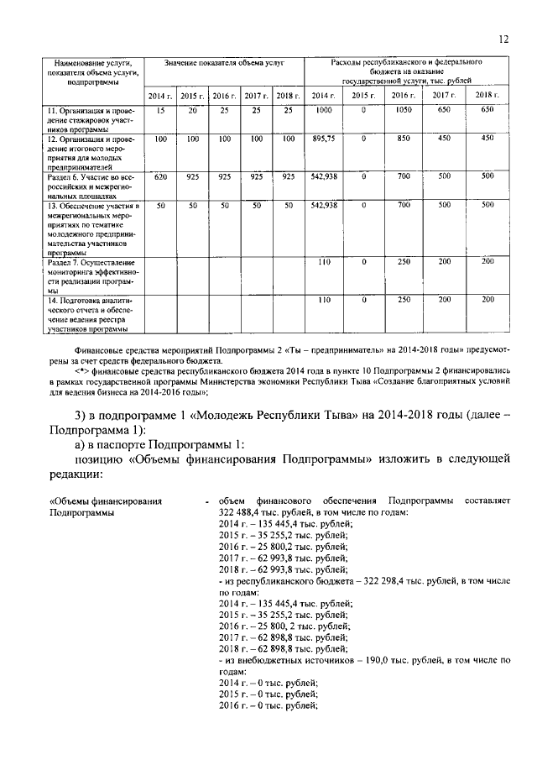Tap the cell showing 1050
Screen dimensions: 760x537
click(402, 111)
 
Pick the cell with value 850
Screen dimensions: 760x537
click(402, 138)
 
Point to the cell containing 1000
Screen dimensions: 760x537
click(323, 111)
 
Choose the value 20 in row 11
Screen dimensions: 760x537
click(192, 111)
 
